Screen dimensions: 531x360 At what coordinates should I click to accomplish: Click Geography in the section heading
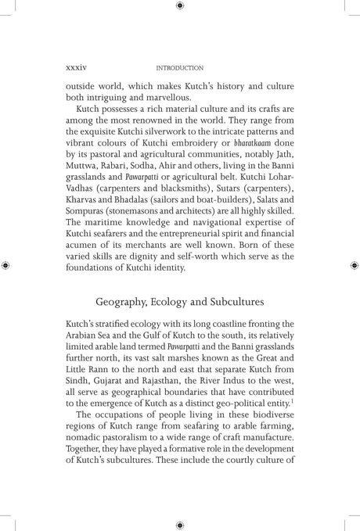click(122, 322)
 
